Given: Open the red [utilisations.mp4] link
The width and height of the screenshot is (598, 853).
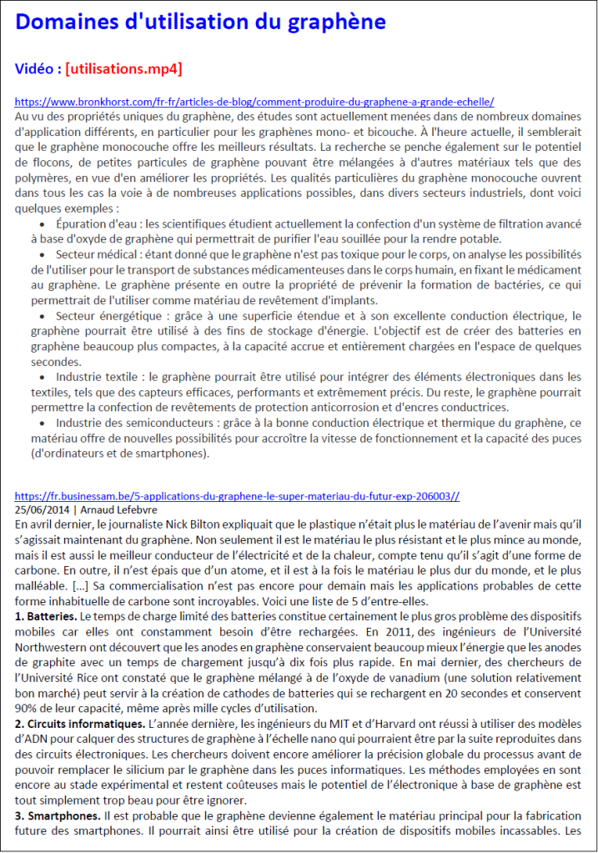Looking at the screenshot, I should pyautogui.click(x=123, y=68).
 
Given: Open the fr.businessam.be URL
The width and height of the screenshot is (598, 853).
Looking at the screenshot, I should pyautogui.click(x=237, y=495).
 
